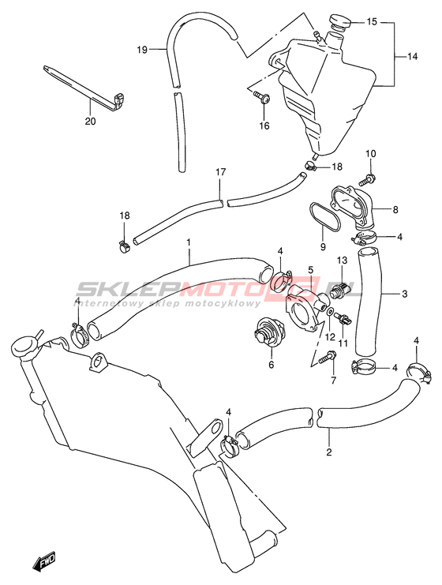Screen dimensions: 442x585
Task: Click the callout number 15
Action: point(372,21)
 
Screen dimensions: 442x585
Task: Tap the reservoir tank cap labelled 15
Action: point(340,21)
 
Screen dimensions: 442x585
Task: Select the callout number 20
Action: point(90,122)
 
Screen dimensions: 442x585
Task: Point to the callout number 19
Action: point(142,50)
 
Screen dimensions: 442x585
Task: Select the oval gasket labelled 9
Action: point(324,218)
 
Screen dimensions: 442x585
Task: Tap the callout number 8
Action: point(395,209)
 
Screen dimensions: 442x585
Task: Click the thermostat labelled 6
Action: point(271,332)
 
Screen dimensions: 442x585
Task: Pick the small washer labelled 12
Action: point(330,312)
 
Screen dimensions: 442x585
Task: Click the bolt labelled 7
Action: point(327,358)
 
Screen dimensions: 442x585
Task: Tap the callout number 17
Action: point(220,172)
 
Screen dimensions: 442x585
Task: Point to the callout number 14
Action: point(412,57)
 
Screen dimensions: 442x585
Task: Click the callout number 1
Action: point(189,242)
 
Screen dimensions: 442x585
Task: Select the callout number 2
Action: point(328,452)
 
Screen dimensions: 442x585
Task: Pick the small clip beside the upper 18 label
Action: point(311,167)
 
